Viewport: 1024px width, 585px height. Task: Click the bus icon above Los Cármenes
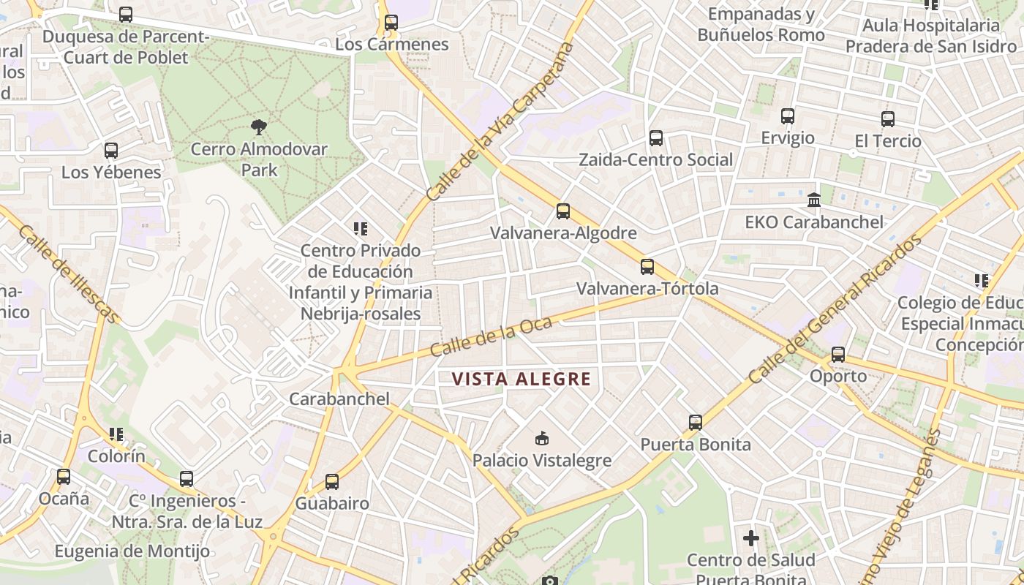pos(391,23)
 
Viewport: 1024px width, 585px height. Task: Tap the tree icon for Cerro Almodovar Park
pos(258,127)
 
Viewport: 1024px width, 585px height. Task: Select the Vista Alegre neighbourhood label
pos(521,379)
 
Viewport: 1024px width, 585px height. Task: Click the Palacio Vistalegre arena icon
pos(541,438)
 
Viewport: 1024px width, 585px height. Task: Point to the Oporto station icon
pos(838,355)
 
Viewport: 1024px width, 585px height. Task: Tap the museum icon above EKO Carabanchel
pos(813,200)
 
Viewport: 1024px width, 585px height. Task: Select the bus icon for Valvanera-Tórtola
pos(647,267)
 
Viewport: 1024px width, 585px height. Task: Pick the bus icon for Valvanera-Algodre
pos(562,211)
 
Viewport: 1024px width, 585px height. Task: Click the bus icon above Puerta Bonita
pos(695,423)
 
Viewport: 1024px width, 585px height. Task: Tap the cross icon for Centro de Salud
pos(750,539)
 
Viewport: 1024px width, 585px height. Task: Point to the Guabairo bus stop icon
pos(332,482)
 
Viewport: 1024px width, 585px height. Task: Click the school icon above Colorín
pos(116,434)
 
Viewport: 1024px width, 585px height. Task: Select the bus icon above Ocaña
pos(64,477)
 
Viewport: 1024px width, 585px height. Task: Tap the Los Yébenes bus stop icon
pos(111,151)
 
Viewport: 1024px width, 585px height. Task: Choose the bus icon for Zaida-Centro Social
pos(655,138)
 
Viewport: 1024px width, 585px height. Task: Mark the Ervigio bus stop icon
pos(787,116)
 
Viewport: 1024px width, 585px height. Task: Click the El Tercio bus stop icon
pos(887,119)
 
